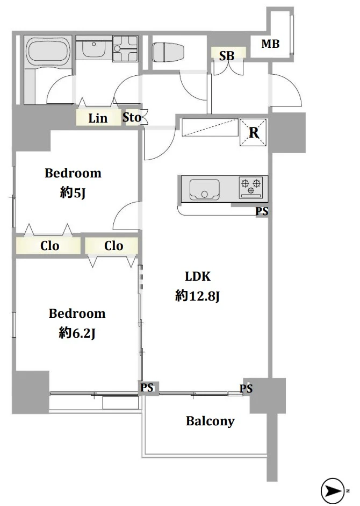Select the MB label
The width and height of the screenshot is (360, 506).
[x=270, y=44]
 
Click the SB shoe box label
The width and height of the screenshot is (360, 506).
[x=227, y=56]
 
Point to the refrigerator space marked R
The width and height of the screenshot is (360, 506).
[x=253, y=132]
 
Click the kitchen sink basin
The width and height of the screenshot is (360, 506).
[x=205, y=189]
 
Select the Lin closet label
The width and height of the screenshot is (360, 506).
[x=98, y=118]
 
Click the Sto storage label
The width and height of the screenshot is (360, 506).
[x=132, y=117]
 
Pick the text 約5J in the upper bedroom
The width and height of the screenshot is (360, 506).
[x=73, y=193]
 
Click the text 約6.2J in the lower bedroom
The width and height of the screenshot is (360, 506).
[x=77, y=333]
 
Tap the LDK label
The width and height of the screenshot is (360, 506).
[x=198, y=276]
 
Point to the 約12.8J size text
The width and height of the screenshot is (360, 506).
[x=197, y=296]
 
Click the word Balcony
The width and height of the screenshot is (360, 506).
[x=210, y=421]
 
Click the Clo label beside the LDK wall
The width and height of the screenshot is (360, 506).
[x=113, y=246]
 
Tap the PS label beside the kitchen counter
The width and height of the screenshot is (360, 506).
[x=262, y=211]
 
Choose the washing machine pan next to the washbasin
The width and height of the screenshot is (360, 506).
[x=125, y=48]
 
